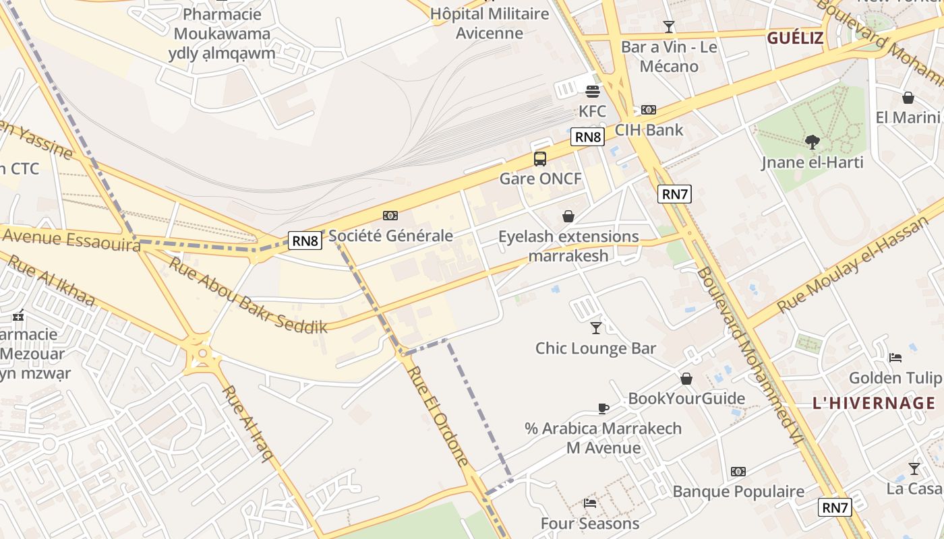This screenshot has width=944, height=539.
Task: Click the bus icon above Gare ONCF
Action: click(x=540, y=159)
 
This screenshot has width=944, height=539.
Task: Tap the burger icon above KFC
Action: click(x=593, y=92)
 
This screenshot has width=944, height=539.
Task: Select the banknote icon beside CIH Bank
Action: click(x=649, y=110)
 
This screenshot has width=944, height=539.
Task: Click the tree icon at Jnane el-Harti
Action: click(x=813, y=142)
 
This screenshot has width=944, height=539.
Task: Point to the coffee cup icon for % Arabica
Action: click(x=603, y=408)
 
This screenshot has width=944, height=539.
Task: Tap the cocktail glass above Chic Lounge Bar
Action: click(x=595, y=328)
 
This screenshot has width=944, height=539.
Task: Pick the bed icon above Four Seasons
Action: click(x=590, y=503)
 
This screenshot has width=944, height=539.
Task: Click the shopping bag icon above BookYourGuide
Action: click(x=686, y=379)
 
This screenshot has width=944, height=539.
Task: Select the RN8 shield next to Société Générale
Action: click(x=305, y=241)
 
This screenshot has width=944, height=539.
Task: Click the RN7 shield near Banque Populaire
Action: click(x=835, y=507)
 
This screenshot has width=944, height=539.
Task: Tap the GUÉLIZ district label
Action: click(x=795, y=38)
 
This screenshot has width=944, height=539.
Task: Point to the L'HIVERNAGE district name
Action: click(x=874, y=404)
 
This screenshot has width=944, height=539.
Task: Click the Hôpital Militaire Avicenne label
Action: click(x=490, y=24)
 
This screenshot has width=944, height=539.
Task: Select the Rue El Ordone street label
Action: click(x=438, y=416)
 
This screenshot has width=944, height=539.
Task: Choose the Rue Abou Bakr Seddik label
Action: click(x=247, y=296)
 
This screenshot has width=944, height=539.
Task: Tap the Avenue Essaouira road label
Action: click(x=71, y=240)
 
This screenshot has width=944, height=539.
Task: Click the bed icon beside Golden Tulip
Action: click(x=895, y=357)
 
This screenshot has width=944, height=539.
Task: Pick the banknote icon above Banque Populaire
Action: click(x=738, y=472)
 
